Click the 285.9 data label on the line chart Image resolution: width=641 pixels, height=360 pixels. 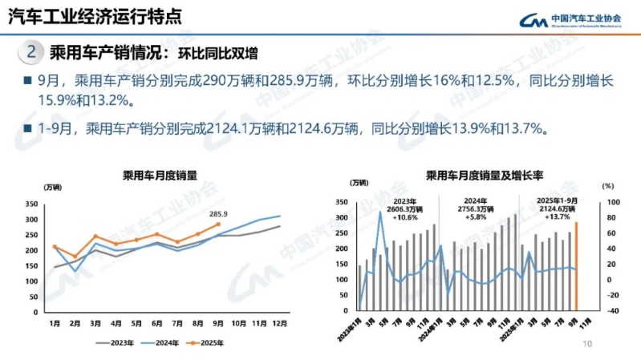tap(218, 214)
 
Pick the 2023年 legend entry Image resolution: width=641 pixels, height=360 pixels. tap(119, 342)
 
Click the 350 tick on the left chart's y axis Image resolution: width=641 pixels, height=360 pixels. tap(32, 204)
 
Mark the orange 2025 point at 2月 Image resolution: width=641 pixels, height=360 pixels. tap(75, 257)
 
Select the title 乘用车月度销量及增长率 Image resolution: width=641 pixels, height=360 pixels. tap(473, 174)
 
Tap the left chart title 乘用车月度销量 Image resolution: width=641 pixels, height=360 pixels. tap(160, 174)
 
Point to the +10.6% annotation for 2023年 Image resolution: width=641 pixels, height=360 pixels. tap(405, 217)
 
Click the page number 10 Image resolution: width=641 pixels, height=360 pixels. tap(586, 345)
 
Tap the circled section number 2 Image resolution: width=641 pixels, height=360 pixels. tap(30, 53)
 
